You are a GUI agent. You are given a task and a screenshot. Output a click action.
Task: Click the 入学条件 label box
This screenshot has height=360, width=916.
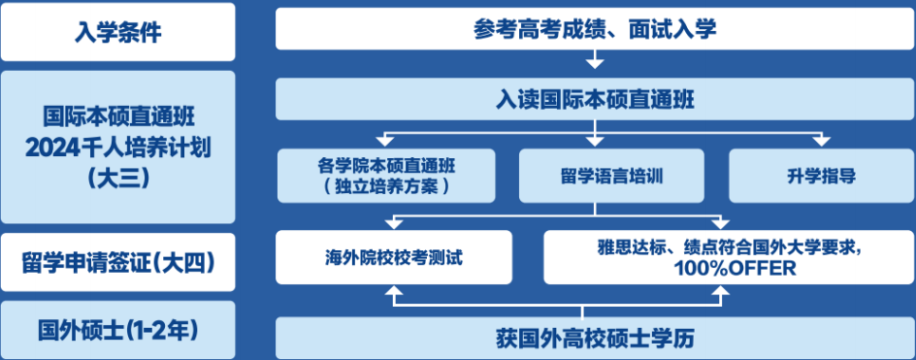coord(117,31)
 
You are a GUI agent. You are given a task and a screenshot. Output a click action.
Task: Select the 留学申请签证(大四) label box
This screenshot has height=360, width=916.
coord(117,262)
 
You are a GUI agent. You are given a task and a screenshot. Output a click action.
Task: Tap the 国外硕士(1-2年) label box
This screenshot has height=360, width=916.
coord(117,330)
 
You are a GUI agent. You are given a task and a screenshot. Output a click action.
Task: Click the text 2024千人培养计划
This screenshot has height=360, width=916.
coord(117,147)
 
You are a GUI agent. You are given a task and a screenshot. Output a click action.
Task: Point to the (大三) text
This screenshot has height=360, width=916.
coord(117,177)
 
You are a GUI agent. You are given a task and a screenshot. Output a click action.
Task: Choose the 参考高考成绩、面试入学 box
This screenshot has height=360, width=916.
coord(594,29)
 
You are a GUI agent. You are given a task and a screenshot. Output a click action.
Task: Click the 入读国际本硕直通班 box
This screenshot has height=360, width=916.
coord(594,98)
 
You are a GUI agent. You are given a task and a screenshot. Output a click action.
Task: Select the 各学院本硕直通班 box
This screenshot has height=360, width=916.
coord(385,176)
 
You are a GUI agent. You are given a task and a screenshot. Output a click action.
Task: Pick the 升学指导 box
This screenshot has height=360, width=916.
coord(821,176)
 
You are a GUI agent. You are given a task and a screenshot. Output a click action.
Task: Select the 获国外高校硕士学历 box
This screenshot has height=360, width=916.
coord(594,339)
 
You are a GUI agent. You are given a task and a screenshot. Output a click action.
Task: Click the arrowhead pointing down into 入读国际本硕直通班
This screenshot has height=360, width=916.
coord(594,64)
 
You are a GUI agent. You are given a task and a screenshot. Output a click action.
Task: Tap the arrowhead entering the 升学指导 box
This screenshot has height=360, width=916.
coord(821,142)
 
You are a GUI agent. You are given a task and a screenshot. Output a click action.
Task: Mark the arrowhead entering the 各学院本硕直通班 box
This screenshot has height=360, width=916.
coord(385,142)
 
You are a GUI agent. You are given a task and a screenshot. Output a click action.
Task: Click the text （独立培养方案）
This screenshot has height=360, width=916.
coord(385,186)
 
